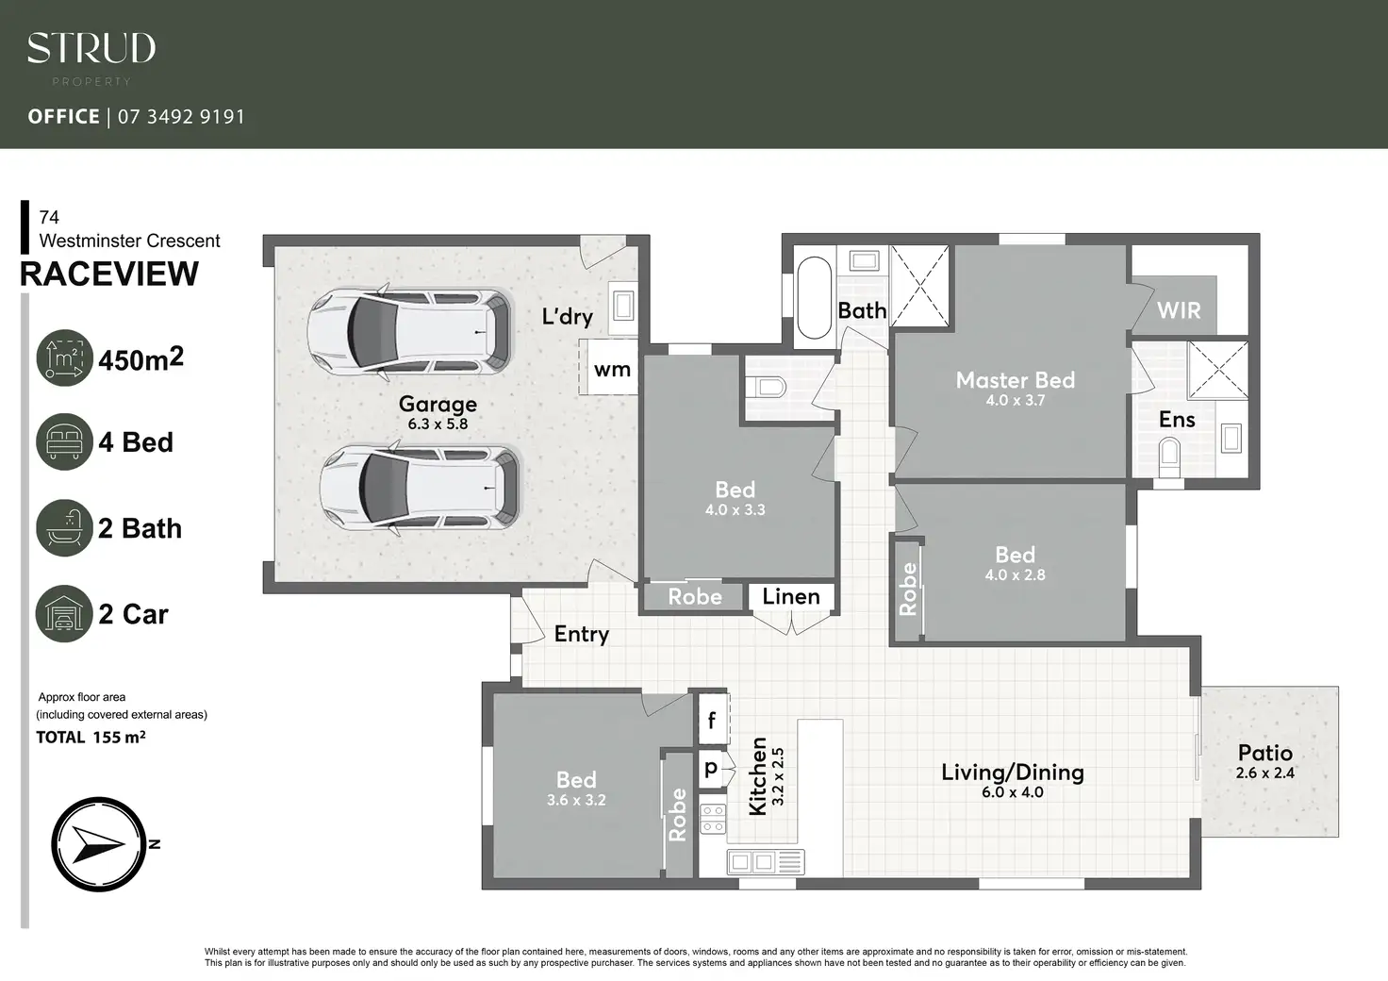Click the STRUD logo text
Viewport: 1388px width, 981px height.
91,48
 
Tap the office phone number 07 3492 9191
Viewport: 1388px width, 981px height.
182,117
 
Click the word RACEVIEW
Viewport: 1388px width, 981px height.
109,274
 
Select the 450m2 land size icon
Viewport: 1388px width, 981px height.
64,358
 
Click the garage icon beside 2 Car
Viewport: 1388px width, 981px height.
64,613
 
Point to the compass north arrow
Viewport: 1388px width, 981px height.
99,844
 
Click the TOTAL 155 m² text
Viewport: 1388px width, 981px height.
91,737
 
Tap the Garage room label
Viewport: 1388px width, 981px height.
438,404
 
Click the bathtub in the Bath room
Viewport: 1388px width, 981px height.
814,297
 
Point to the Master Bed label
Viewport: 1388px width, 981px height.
1015,380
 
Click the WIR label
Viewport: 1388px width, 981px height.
1179,310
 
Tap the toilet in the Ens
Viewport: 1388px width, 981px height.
1169,457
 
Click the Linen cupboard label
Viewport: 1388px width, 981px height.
791,596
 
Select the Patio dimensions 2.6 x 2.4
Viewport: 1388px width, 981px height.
1264,773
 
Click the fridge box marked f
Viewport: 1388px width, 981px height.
713,719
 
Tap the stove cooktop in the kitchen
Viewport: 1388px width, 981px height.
713,819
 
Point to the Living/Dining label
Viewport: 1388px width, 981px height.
1013,773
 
